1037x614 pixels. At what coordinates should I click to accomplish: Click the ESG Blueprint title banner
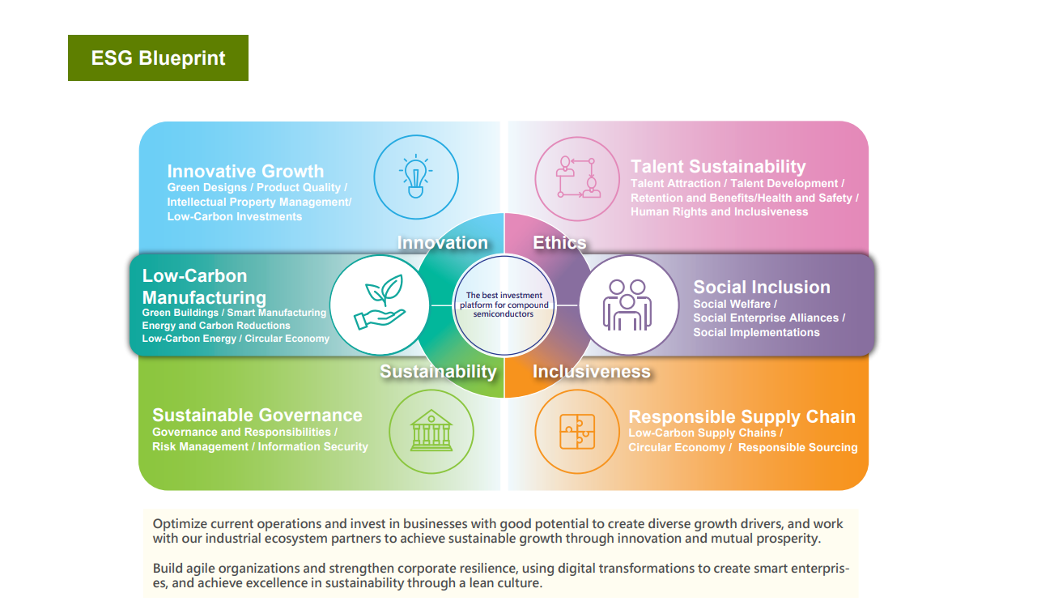coord(158,58)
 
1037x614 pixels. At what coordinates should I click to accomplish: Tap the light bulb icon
coord(416,176)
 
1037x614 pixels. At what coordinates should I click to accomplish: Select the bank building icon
coord(431,430)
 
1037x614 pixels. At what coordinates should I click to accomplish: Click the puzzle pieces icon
coord(577,432)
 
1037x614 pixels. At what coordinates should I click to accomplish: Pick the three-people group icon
coord(627,305)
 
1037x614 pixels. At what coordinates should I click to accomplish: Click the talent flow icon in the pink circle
coord(577,177)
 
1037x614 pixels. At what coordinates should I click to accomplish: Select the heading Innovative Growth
coord(245,171)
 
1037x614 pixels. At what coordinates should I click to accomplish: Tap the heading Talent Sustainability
coord(718,166)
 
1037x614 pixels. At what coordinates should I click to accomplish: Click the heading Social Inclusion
coord(762,287)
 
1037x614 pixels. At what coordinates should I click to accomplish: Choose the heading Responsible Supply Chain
coord(742,416)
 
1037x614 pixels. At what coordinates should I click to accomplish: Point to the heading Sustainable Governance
coord(257,415)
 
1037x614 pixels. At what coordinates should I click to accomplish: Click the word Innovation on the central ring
coord(443,242)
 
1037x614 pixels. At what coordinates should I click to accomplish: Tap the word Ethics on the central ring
coord(559,242)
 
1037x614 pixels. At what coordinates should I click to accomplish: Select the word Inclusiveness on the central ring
coord(592,371)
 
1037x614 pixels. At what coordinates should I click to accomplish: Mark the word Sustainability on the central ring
coord(439,372)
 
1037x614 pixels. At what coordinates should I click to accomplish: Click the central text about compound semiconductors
coord(504,305)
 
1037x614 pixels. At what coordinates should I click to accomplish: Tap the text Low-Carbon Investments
coord(234,216)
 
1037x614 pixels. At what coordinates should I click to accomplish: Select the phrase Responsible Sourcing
coord(797,447)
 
